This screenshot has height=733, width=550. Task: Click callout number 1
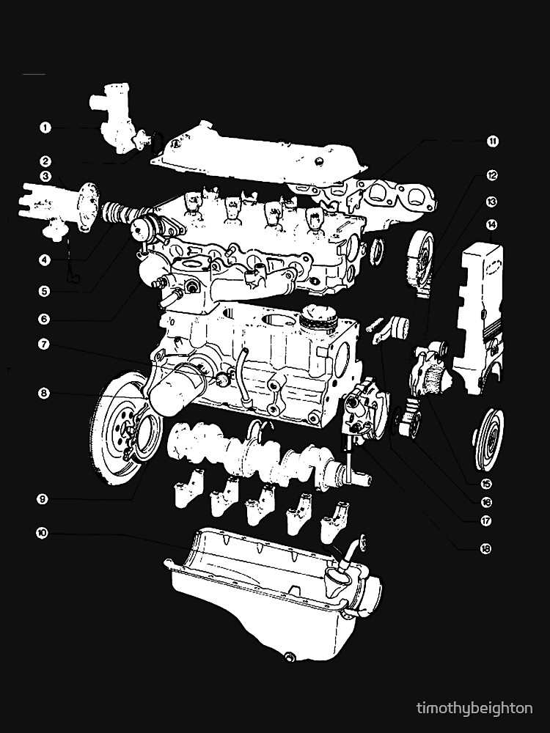coord(45,128)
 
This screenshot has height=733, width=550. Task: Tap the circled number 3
coord(45,176)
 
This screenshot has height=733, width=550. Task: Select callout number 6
coord(45,319)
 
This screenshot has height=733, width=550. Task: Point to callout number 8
coord(45,393)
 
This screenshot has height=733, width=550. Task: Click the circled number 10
coord(42,534)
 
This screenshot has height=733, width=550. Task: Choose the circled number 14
coord(491,224)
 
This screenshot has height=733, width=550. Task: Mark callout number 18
coord(463,548)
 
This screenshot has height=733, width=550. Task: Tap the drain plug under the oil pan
coord(287,655)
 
